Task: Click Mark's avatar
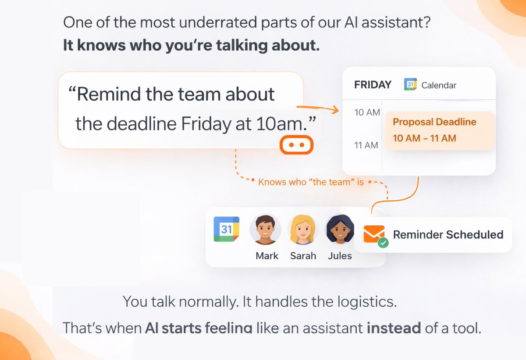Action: pyautogui.click(x=266, y=230)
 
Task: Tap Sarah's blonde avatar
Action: pyautogui.click(x=303, y=230)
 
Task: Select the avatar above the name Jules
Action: pyautogui.click(x=340, y=230)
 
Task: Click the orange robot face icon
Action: pyautogui.click(x=296, y=145)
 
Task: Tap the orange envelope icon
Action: pyautogui.click(x=374, y=234)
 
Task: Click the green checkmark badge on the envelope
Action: pyautogui.click(x=383, y=242)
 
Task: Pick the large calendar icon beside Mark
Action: pyautogui.click(x=226, y=229)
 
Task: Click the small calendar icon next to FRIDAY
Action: pyautogui.click(x=410, y=85)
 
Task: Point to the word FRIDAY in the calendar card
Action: pyautogui.click(x=373, y=85)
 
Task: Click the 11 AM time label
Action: pyautogui.click(x=366, y=145)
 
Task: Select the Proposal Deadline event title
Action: pyautogui.click(x=434, y=122)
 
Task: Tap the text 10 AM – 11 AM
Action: pyautogui.click(x=424, y=138)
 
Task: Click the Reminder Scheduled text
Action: pyautogui.click(x=448, y=234)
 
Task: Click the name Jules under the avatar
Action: pyautogui.click(x=340, y=256)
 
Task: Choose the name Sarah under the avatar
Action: pyautogui.click(x=303, y=256)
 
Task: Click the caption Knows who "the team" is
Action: pyautogui.click(x=311, y=182)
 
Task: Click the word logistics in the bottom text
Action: pyautogui.click(x=364, y=302)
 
